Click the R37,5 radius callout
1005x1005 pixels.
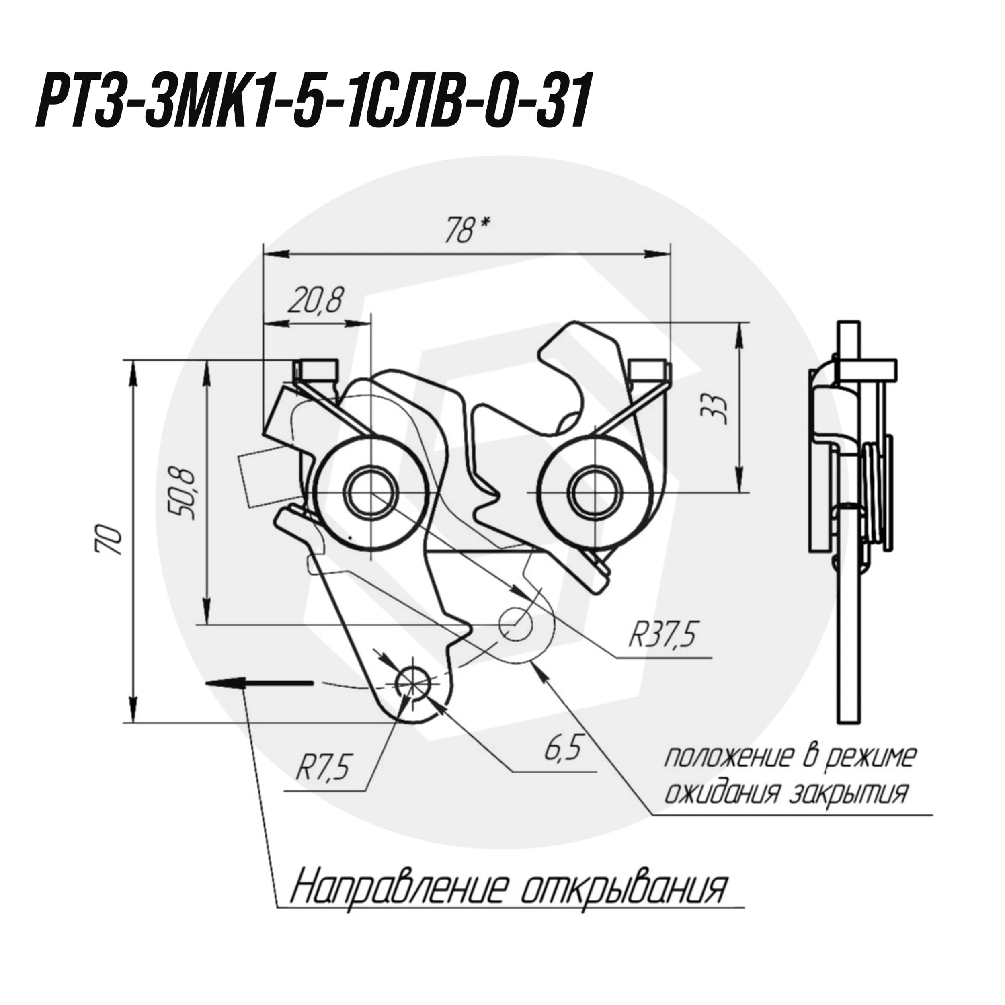[x=662, y=635]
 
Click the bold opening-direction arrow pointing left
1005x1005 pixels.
[x=259, y=683]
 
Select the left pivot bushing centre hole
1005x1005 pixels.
[x=370, y=492]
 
